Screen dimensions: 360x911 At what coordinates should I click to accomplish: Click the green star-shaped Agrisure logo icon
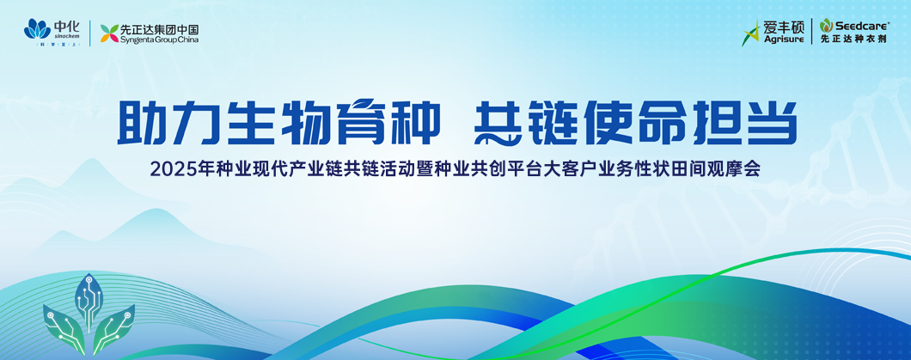click(752, 33)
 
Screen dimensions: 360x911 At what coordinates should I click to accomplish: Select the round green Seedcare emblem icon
click(827, 24)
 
